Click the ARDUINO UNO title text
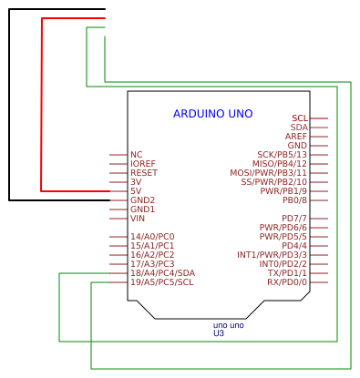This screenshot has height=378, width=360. point(212,114)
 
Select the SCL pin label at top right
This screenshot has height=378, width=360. point(299,118)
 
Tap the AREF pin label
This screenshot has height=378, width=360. point(295,137)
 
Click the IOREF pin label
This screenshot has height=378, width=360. point(143,164)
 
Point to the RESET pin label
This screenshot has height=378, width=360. point(143,173)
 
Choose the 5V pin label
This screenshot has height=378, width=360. point(136,191)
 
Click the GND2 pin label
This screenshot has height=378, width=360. point(142,200)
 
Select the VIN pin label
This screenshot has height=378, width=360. point(138,219)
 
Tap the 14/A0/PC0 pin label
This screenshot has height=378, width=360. point(151,237)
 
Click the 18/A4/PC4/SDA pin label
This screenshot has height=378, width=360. point(162,273)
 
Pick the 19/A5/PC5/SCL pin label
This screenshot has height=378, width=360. point(161,282)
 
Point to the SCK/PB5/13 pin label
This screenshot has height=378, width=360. point(282,155)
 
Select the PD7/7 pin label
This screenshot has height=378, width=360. point(294,219)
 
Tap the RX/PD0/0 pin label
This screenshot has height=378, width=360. point(287,282)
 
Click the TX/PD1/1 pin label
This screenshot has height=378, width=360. point(287,273)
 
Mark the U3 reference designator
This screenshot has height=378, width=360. point(219,333)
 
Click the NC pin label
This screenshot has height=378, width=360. point(136,155)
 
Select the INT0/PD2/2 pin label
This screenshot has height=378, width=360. point(283,264)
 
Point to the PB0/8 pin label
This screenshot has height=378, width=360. point(294,200)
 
